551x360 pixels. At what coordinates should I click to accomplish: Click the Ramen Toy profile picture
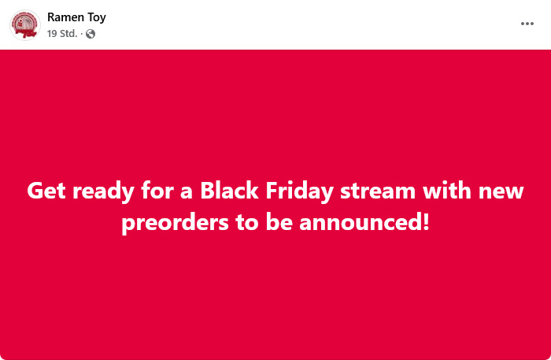click(25, 25)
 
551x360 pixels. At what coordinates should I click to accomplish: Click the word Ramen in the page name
click(65, 17)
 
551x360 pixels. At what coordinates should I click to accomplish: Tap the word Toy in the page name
click(97, 17)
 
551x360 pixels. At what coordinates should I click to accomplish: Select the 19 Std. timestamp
click(62, 33)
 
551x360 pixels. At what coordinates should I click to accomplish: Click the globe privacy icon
click(91, 34)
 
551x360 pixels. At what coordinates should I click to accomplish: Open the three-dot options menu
click(527, 24)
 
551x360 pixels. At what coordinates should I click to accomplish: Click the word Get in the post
click(46, 191)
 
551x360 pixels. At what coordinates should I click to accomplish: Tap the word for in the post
click(157, 191)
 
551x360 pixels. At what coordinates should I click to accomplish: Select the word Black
click(230, 191)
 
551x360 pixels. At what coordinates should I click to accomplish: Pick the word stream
click(378, 191)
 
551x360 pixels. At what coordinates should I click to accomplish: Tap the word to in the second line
click(247, 223)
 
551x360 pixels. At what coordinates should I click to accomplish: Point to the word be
click(279, 222)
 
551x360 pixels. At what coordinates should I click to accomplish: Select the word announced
click(361, 222)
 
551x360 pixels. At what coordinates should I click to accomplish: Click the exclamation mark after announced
click(426, 222)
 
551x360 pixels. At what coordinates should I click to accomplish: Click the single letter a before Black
click(187, 193)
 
